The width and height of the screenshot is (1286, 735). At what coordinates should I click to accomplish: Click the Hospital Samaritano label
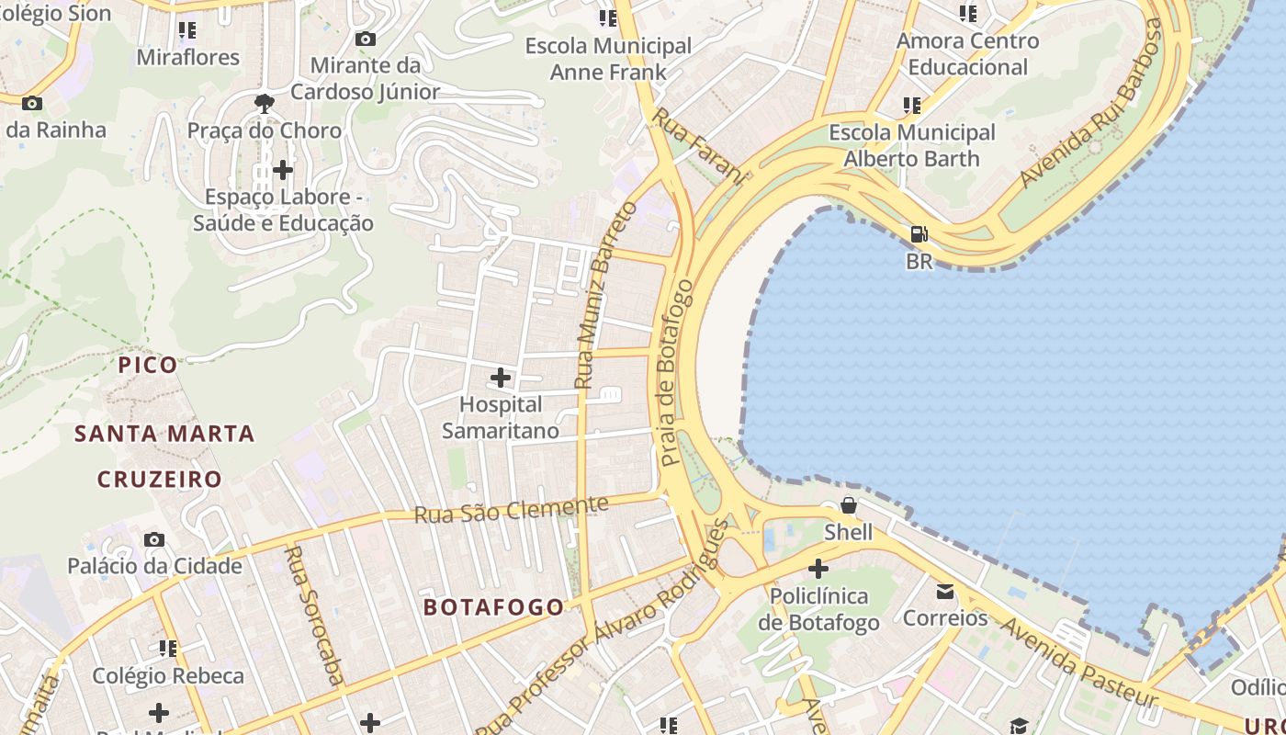[501, 418]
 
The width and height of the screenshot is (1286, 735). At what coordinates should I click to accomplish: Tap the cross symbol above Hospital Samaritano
[501, 378]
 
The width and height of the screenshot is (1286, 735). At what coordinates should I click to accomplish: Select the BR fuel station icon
[919, 234]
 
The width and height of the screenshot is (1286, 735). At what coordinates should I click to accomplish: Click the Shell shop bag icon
[849, 505]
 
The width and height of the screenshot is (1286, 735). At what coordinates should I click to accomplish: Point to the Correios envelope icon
[945, 592]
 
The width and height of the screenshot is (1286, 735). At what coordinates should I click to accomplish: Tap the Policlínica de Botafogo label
[818, 609]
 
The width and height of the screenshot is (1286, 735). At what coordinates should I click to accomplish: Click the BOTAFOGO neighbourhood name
[493, 607]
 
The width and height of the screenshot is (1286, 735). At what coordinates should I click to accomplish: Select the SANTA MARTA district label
[164, 434]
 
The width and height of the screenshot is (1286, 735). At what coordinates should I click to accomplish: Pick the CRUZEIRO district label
[160, 480]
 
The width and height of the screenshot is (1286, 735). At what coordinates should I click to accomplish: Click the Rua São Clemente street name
[511, 510]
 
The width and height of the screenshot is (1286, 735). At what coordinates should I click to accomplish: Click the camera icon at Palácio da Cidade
[154, 539]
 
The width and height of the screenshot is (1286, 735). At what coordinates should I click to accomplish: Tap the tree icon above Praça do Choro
[265, 103]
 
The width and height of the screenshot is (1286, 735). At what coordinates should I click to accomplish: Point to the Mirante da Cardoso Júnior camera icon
[366, 39]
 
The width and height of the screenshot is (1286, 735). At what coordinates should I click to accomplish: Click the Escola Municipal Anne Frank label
[608, 59]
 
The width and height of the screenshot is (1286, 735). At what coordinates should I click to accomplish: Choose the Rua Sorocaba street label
[315, 616]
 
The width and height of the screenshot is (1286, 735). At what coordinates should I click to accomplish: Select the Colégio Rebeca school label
[168, 676]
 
